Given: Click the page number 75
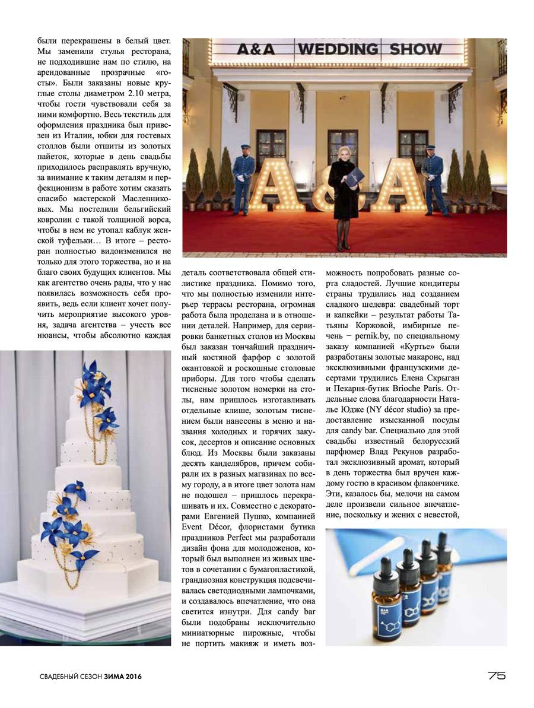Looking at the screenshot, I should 496,675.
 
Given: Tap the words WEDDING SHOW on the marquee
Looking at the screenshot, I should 369,49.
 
